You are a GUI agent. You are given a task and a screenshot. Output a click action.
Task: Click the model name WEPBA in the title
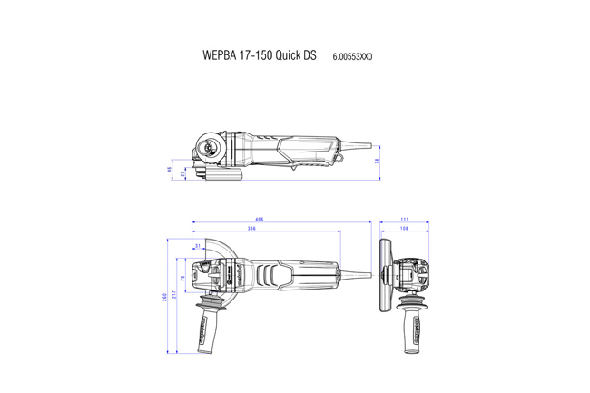pos(221,55)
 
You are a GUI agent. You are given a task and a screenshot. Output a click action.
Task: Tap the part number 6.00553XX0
pos(352,56)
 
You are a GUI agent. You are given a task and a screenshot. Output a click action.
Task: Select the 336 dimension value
pos(251,229)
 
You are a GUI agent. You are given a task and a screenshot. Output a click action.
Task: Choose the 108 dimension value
pos(403,229)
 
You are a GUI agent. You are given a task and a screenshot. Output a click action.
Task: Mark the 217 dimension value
pos(173,289)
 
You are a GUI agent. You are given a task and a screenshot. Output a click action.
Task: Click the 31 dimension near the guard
pos(198,246)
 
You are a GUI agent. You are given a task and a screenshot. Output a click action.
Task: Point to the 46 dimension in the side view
pos(170,169)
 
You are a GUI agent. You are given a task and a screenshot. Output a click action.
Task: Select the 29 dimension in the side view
pos(182,172)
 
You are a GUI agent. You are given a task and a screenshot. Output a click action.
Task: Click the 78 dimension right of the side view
pos(377,161)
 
